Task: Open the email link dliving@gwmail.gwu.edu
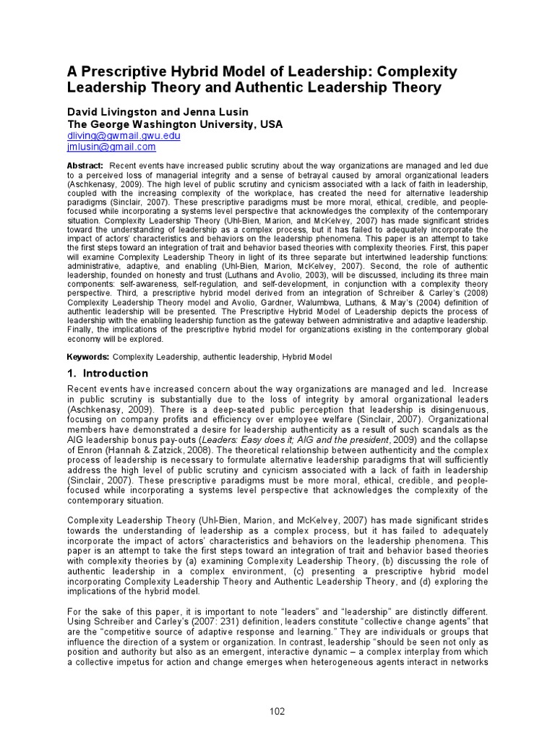(x=124, y=136)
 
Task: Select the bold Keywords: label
(x=88, y=357)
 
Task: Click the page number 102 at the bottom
(x=277, y=711)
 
